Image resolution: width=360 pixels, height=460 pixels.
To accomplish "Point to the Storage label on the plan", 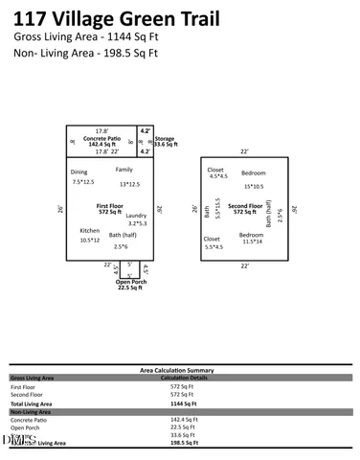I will click(165, 138).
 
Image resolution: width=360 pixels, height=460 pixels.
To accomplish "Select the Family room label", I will click(124, 170).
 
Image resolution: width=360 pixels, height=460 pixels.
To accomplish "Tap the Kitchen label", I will click(89, 231).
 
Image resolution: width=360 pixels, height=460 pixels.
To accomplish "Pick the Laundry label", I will click(136, 216).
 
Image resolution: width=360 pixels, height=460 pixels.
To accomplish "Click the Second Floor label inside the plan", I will click(245, 206).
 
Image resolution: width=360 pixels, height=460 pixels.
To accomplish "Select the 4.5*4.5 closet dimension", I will click(217, 176).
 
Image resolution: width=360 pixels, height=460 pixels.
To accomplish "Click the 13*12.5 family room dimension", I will click(130, 184).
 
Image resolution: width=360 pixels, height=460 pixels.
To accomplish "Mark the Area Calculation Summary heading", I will click(180, 369).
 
